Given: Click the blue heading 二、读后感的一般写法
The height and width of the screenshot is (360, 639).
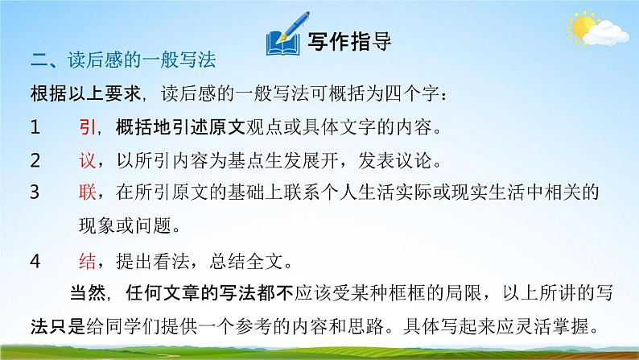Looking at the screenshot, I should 123,61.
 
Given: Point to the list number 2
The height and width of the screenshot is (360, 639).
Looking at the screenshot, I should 35,159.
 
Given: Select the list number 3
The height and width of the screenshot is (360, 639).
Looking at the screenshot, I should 35,192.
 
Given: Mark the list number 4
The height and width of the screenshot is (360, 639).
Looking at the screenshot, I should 35,261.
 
